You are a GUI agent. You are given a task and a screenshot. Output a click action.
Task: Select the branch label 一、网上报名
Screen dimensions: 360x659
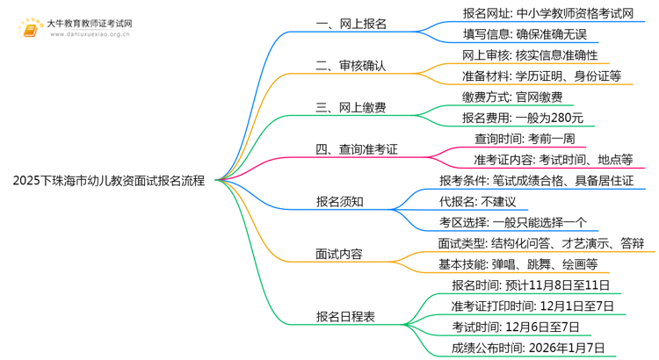coord(351,25)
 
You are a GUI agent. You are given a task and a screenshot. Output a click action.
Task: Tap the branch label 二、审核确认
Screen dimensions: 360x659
coord(351,66)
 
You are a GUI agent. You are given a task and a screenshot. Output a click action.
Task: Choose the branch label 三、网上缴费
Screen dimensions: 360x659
coord(351,107)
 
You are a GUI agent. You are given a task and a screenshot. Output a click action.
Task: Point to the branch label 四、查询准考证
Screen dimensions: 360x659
coord(357,149)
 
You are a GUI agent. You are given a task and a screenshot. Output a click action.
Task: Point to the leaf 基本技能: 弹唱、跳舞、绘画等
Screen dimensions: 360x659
coord(518,263)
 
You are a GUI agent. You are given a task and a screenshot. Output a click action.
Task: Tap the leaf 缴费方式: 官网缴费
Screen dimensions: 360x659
coord(500,97)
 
